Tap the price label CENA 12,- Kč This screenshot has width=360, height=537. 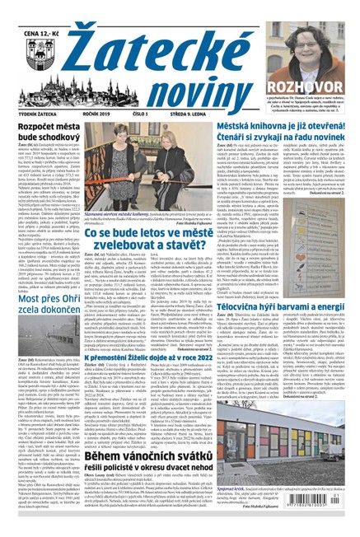point(31,12)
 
